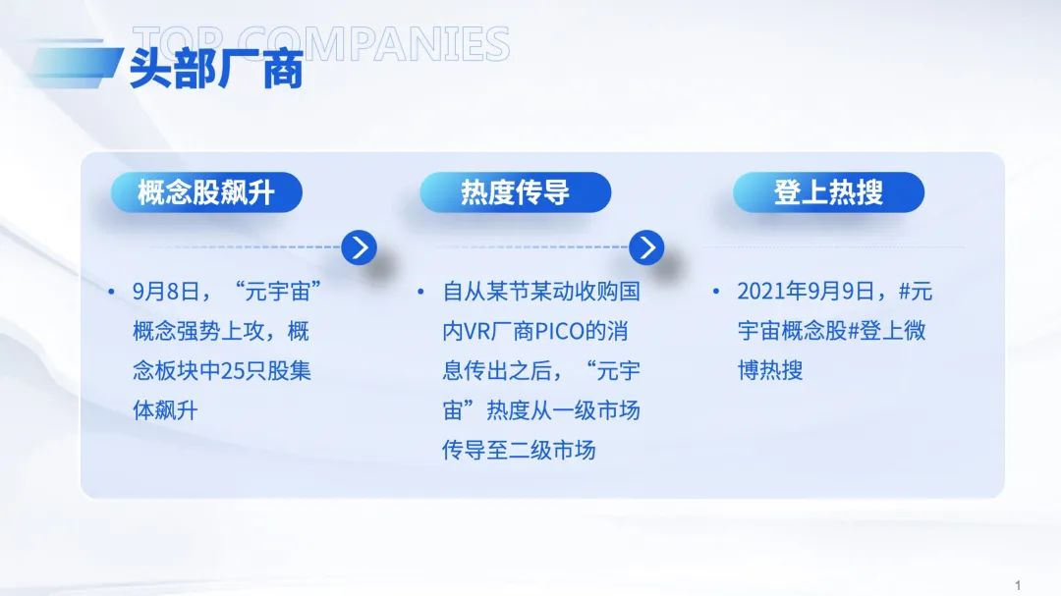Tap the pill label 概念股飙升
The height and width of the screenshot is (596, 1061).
pos(206,192)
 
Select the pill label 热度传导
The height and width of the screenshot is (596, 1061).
pos(515,192)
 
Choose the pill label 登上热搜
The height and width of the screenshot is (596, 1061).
pos(828,192)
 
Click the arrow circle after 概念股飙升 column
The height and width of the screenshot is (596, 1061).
pos(360,247)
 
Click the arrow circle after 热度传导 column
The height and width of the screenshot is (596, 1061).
pos(646,247)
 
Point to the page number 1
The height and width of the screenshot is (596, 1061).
pos(1018,585)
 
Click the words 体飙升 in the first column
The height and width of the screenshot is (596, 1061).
pos(165,410)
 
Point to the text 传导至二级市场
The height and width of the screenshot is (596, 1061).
pos(519,451)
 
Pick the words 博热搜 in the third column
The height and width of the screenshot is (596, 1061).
pos(770,371)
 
